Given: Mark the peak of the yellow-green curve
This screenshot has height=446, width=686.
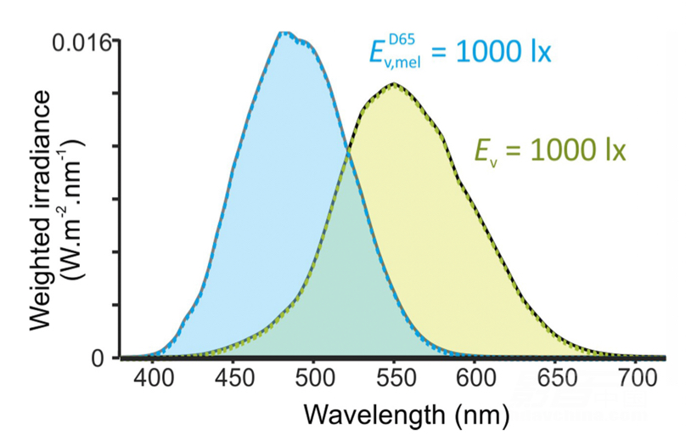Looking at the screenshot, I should (393, 83).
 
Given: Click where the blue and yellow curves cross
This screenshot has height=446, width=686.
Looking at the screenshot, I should (348, 152).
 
